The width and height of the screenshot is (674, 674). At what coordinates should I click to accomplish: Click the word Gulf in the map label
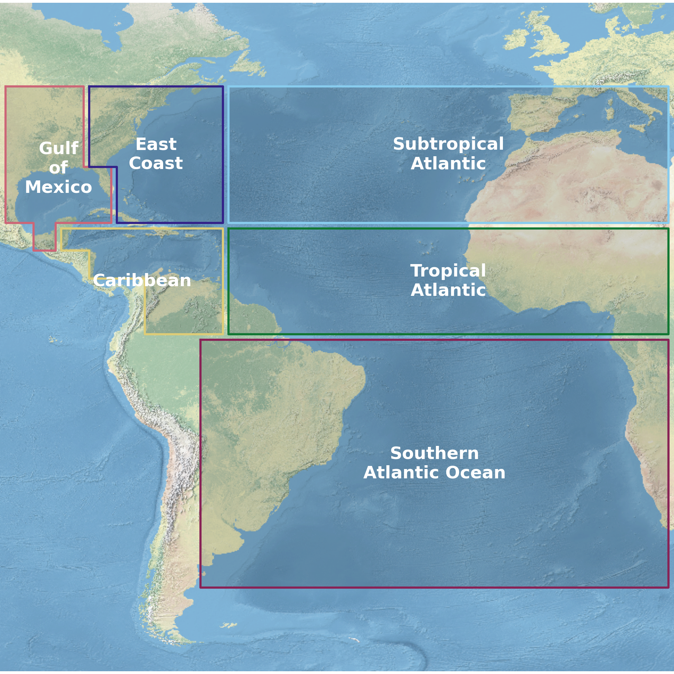[x=59, y=149]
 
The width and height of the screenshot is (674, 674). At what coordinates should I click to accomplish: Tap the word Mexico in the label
[x=59, y=187]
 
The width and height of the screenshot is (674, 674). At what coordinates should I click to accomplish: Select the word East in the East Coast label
[x=156, y=144]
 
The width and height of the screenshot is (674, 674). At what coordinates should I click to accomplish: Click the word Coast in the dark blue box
[x=156, y=163]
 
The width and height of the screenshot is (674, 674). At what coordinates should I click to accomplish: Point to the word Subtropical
[x=448, y=144]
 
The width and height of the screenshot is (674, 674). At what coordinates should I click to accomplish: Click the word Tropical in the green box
[x=448, y=271]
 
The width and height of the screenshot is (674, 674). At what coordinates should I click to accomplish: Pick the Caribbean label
[x=142, y=280]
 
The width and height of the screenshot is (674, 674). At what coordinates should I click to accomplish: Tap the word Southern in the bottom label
[x=434, y=453]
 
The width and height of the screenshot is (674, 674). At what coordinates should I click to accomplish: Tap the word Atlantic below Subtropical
[x=448, y=163]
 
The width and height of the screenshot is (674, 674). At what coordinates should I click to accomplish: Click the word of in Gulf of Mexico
[x=58, y=168]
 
